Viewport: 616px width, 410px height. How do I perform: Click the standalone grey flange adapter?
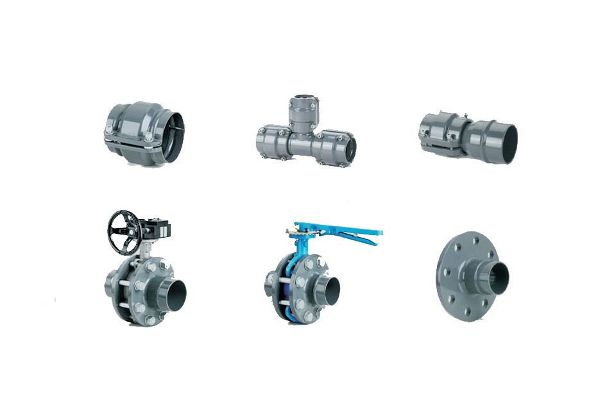pyautogui.click(x=472, y=275)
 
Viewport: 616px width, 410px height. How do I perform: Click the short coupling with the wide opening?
pyautogui.click(x=145, y=131)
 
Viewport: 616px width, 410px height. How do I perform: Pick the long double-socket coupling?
pyautogui.click(x=467, y=136)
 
